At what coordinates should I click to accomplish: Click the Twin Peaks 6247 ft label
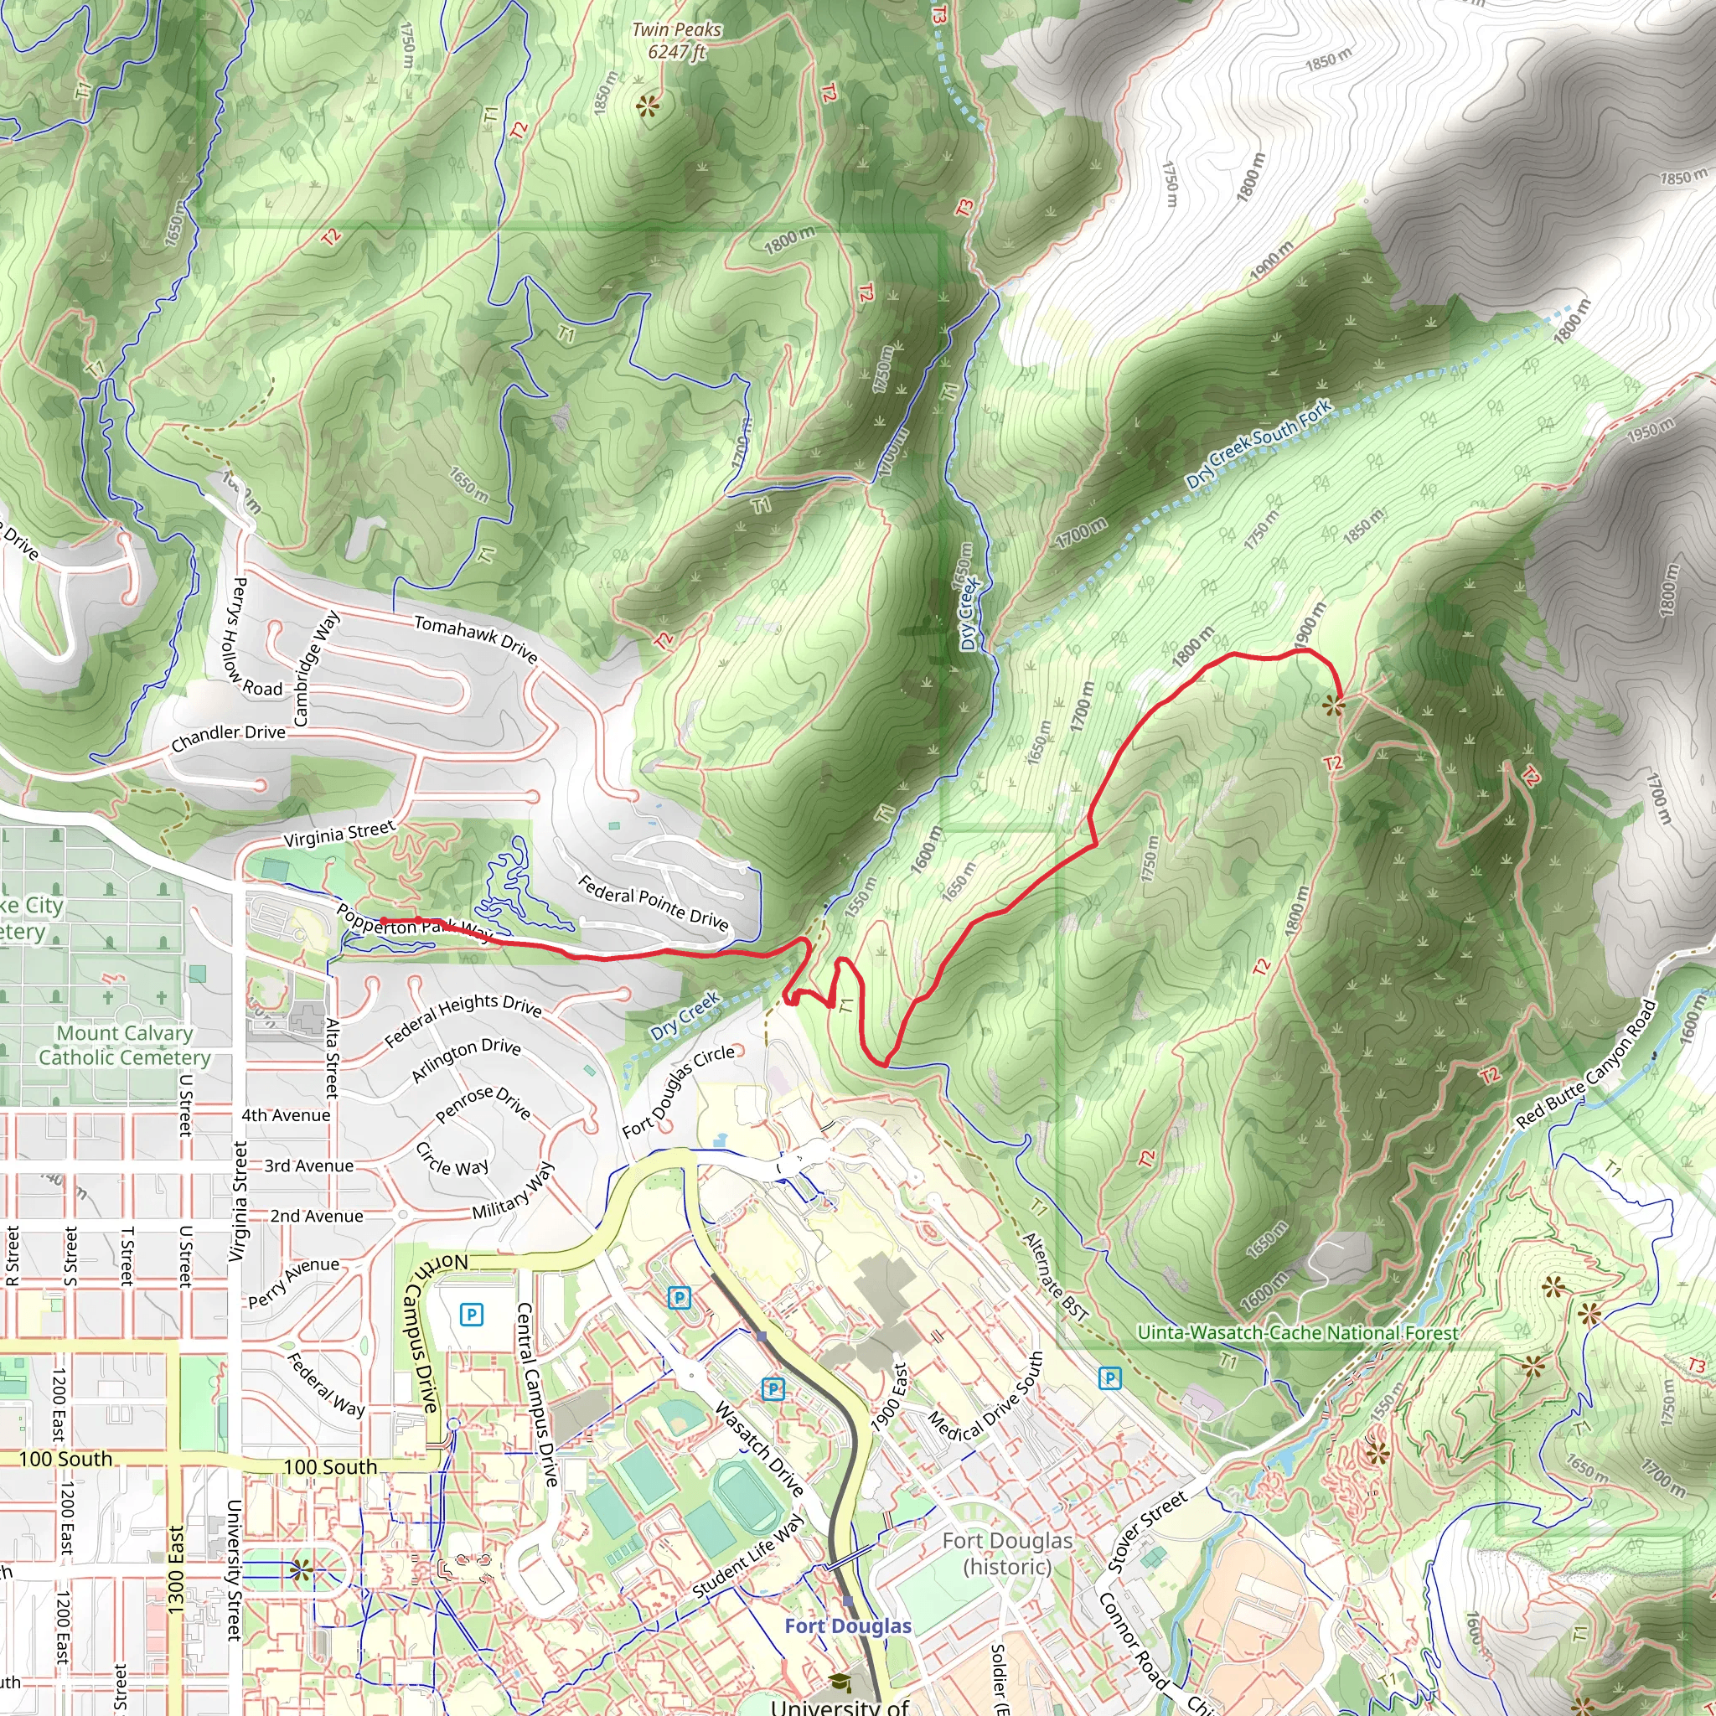(676, 41)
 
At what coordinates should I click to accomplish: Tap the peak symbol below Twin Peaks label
(648, 106)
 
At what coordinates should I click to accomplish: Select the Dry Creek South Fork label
(1259, 443)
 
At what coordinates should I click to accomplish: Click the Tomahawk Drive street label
(476, 638)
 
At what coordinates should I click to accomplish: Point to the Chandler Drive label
(228, 737)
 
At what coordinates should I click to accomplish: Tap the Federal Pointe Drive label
(653, 902)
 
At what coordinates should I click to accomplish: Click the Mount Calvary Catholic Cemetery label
(124, 1045)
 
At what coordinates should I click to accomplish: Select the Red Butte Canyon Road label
(1586, 1064)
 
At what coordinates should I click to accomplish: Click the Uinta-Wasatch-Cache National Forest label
(1298, 1332)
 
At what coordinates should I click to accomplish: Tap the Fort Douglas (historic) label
(1007, 1553)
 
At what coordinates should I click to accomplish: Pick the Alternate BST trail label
(1055, 1276)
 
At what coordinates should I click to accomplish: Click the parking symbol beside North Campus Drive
(472, 1314)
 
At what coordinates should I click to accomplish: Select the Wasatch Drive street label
(759, 1449)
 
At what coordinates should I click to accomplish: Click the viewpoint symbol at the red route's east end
(1333, 706)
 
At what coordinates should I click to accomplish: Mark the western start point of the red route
(383, 921)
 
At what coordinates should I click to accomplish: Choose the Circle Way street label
(452, 1159)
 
